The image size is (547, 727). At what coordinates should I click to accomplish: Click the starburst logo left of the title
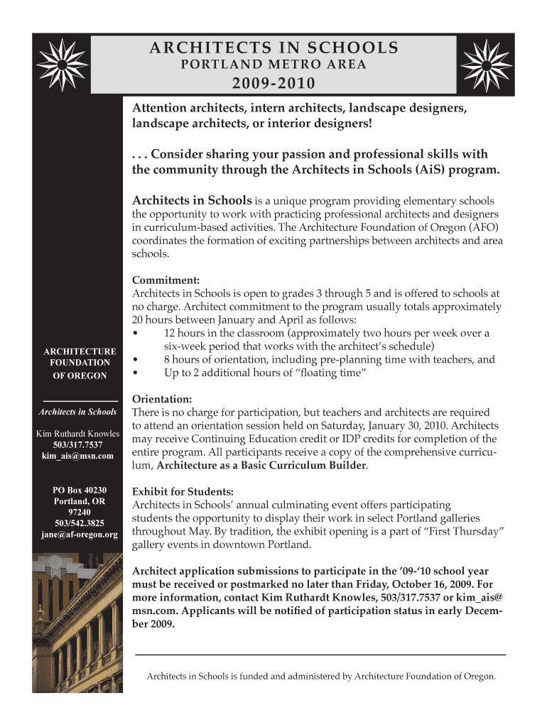[63, 64]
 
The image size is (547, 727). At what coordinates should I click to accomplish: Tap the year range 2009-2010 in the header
[273, 84]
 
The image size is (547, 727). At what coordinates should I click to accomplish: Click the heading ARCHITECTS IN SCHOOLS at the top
[273, 48]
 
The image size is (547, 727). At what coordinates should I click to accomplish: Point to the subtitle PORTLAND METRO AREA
[273, 66]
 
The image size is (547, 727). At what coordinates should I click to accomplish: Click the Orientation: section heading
[162, 399]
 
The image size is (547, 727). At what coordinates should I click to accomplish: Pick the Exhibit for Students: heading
[183, 491]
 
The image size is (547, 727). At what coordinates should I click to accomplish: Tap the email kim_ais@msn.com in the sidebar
[77, 457]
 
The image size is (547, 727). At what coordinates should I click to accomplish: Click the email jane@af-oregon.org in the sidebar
[79, 534]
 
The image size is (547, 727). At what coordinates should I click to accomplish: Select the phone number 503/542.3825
[79, 523]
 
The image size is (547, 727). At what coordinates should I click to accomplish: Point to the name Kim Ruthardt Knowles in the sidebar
[78, 434]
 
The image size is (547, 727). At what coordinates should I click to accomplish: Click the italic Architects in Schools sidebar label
[78, 412]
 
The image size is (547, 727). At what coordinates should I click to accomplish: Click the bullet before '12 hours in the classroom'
[136, 333]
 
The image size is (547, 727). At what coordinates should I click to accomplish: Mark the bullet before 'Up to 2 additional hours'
[136, 373]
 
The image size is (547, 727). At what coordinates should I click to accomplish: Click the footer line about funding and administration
[320, 677]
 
